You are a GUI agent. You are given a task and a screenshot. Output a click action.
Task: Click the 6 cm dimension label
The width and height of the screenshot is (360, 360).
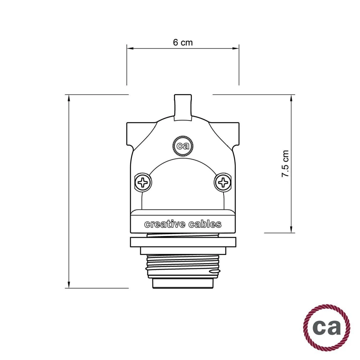tap(183, 42)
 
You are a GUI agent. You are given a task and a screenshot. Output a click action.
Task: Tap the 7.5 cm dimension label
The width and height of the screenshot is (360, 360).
tap(285, 163)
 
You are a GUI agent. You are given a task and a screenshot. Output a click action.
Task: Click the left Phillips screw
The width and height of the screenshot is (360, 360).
tap(144, 183)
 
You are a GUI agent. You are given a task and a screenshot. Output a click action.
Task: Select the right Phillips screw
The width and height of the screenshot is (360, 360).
tap(223, 183)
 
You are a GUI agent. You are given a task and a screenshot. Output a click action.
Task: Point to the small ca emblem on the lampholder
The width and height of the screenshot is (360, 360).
tap(183, 146)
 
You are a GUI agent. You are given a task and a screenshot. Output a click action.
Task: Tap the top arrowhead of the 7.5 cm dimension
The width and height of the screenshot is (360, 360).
tap(291, 98)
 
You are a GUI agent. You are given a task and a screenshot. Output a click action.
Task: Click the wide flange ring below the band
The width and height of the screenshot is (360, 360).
tap(183, 242)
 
